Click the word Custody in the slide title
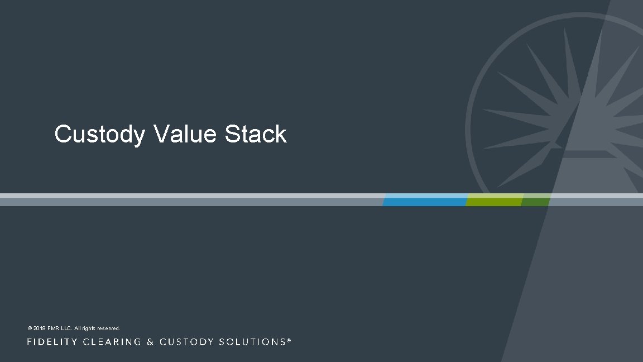(99, 135)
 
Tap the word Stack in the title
(256, 134)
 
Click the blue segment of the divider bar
(425, 200)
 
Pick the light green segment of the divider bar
(495, 200)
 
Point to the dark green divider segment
(535, 200)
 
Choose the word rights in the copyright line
(91, 328)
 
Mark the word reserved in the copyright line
(110, 328)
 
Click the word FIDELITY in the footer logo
(52, 342)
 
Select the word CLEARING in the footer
(112, 342)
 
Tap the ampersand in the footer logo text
(150, 342)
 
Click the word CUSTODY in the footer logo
(184, 342)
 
